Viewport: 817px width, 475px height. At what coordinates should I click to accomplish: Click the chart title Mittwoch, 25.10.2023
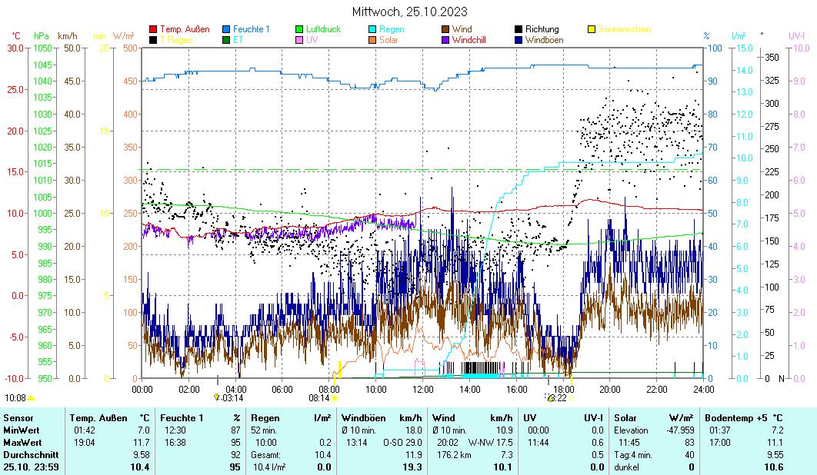pyautogui.click(x=409, y=12)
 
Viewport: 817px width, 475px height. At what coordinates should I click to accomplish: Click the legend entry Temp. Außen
pyautogui.click(x=184, y=29)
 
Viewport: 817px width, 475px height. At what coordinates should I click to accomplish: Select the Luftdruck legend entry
pyautogui.click(x=322, y=29)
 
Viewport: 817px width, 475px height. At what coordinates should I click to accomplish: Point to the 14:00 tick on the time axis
pyautogui.click(x=469, y=389)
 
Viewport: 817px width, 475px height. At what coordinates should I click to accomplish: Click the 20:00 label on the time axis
pyautogui.click(x=609, y=389)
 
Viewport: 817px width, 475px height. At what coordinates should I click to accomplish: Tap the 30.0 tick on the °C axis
pyautogui.click(x=15, y=48)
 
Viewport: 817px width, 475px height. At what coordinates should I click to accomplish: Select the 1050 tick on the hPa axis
pyautogui.click(x=42, y=48)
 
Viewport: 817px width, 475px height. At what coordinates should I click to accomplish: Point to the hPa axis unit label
pyautogui.click(x=41, y=35)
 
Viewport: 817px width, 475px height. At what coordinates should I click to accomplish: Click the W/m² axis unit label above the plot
pyautogui.click(x=124, y=35)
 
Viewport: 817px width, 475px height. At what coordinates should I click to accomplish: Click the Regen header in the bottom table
pyautogui.click(x=265, y=417)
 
